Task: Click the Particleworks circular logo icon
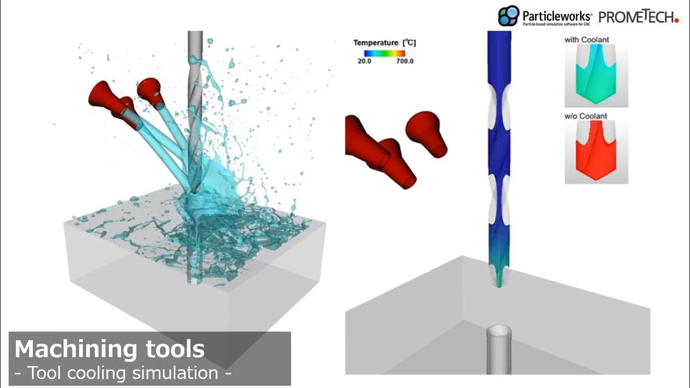(x=508, y=16)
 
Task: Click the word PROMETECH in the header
(x=638, y=17)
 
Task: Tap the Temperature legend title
(x=384, y=43)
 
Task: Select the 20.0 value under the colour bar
(x=364, y=61)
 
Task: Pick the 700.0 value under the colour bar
(x=404, y=61)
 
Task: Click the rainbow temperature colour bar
(x=384, y=53)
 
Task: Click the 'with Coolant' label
(x=587, y=40)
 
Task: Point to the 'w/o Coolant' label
(x=586, y=116)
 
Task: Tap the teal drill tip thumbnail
(x=596, y=75)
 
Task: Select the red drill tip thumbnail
(x=596, y=152)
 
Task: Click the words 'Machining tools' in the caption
(x=109, y=349)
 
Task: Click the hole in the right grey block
(x=499, y=331)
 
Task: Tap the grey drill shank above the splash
(x=195, y=48)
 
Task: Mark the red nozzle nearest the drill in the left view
(x=151, y=91)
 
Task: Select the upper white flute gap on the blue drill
(x=499, y=108)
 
